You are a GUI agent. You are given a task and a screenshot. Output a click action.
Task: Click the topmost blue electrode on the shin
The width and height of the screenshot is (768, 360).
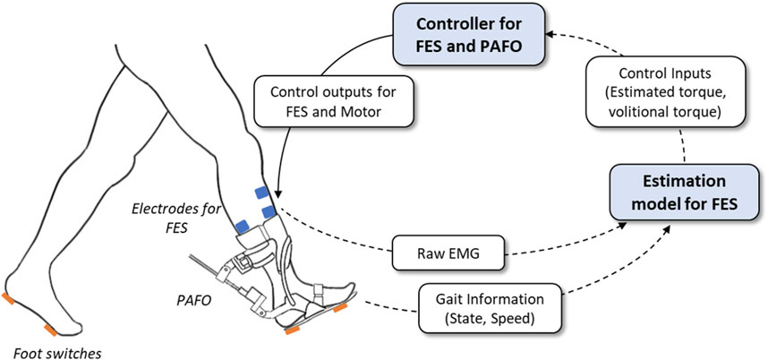260,192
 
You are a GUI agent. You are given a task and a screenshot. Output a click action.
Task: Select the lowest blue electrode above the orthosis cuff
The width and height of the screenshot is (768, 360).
242,224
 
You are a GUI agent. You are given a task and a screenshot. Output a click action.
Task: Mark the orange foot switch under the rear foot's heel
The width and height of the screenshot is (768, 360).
8,298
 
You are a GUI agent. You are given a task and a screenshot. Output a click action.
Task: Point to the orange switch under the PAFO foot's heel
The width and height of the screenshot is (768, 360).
293,331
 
